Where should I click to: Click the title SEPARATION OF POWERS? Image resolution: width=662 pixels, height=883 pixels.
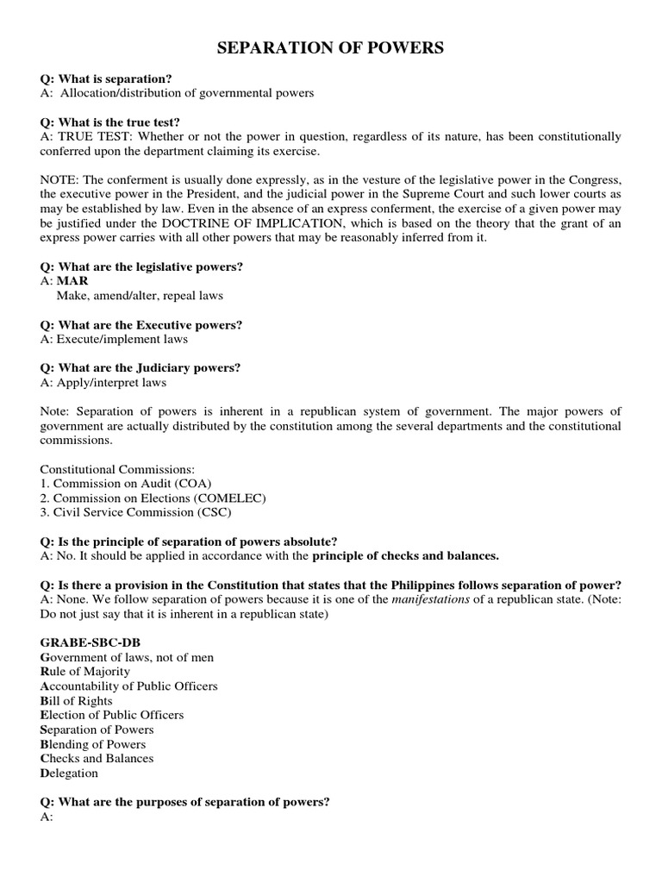[330, 48]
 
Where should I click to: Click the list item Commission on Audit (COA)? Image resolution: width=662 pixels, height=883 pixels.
[126, 484]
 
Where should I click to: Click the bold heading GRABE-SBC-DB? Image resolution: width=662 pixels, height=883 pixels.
[89, 642]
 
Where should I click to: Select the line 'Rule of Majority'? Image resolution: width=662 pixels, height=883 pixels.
[85, 671]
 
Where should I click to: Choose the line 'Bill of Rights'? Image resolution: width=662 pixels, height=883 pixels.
[76, 701]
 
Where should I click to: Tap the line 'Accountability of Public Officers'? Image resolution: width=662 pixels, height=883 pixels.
[128, 686]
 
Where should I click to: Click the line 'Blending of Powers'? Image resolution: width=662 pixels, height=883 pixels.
[93, 744]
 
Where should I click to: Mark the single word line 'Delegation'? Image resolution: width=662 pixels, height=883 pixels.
[69, 773]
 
